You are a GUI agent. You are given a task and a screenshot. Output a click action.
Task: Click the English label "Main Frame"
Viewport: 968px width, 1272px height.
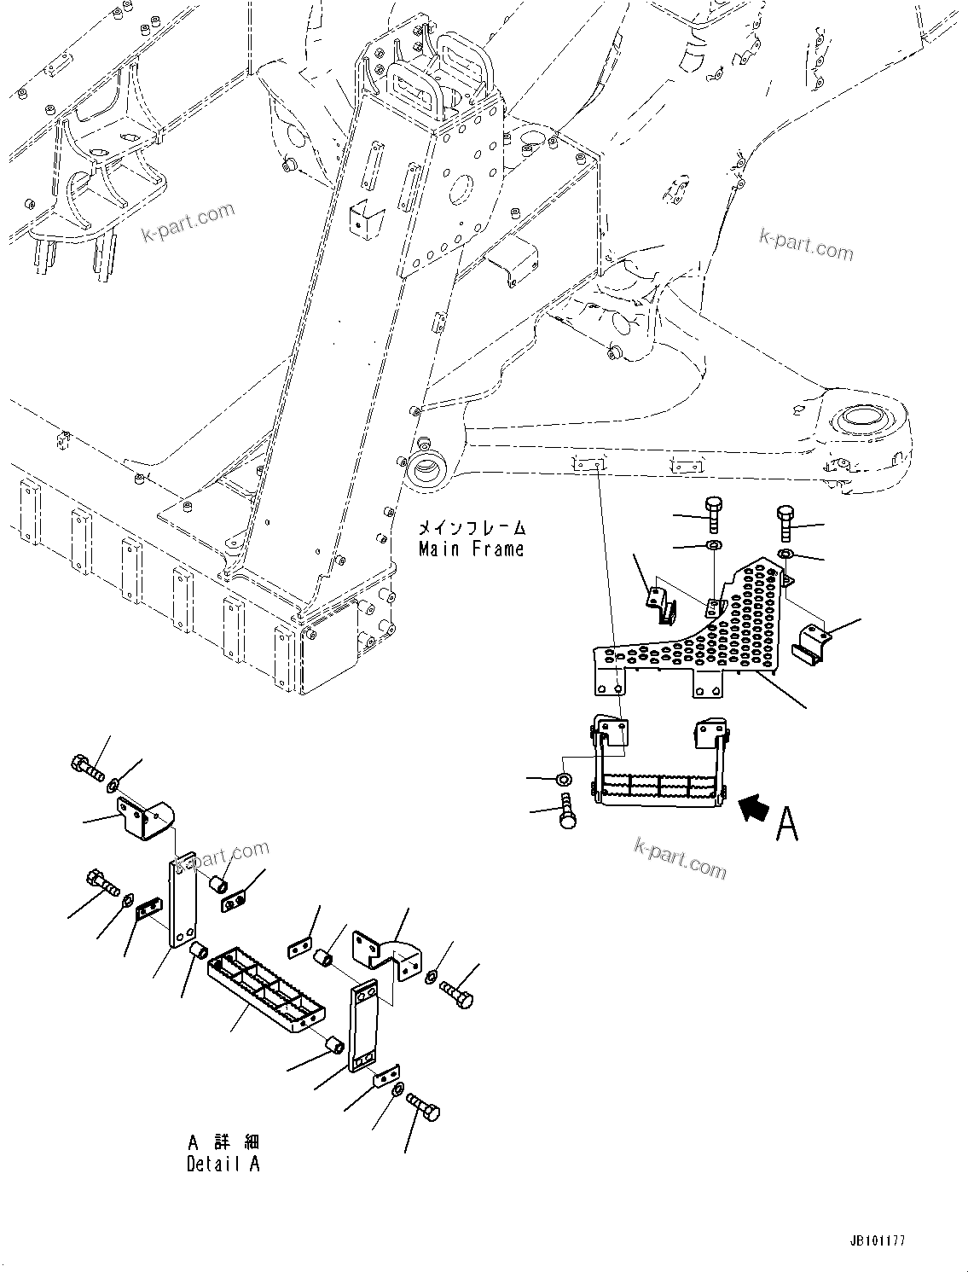[x=471, y=549]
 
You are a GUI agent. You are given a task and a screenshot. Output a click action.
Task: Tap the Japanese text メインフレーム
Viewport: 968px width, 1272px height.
[x=471, y=528]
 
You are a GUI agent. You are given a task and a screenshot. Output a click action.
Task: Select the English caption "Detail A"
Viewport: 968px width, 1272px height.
[x=223, y=1163]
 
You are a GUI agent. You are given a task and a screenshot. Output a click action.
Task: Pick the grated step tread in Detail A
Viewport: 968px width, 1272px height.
[x=264, y=990]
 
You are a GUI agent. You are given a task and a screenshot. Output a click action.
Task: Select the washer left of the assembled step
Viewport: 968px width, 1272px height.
[x=563, y=779]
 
